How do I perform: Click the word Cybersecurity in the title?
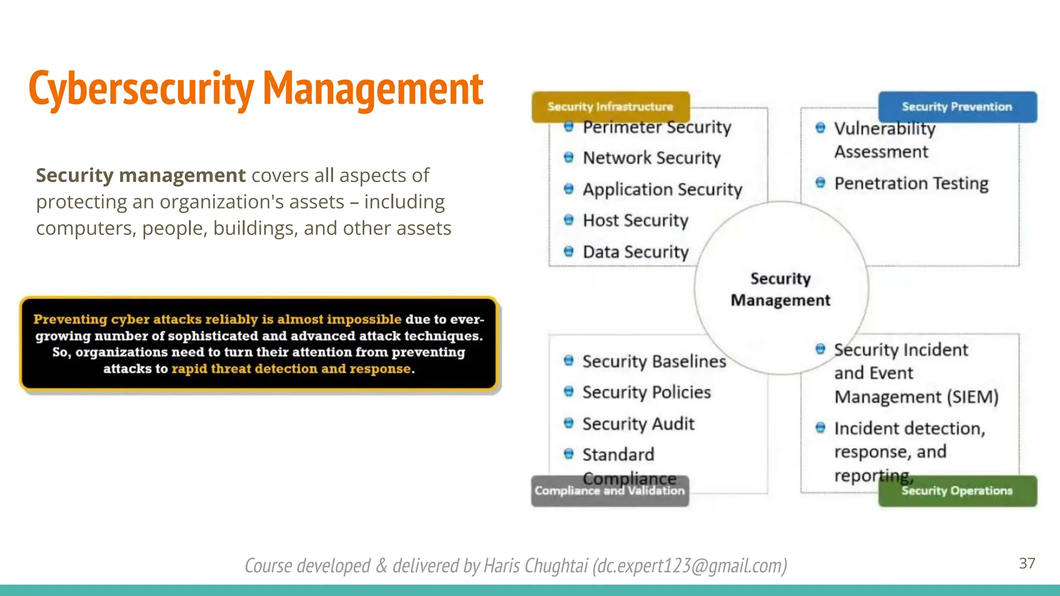(141, 89)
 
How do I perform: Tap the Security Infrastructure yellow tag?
(610, 107)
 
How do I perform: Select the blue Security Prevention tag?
(957, 107)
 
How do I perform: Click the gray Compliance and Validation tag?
(610, 491)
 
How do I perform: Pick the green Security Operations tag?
(957, 491)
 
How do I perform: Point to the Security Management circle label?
(781, 289)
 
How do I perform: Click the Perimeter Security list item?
(657, 127)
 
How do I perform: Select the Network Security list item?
(652, 158)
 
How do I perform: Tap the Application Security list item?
(662, 189)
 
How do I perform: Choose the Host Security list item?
(636, 221)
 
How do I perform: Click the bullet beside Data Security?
(569, 252)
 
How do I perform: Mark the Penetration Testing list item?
(911, 184)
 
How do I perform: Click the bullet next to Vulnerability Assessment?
(820, 128)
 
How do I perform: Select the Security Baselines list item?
(654, 362)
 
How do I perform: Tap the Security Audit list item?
(638, 424)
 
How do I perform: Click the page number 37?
(1027, 563)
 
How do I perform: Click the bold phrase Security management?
(140, 176)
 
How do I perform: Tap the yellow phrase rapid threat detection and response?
(292, 369)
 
